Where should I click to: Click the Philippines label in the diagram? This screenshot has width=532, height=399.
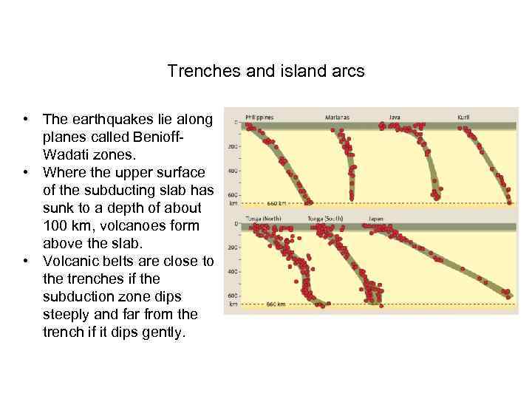pyautogui.click(x=259, y=117)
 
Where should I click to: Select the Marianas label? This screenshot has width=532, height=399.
pyautogui.click(x=337, y=117)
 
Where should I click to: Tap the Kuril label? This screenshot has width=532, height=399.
pyautogui.click(x=463, y=117)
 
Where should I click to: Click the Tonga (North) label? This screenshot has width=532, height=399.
pyautogui.click(x=264, y=219)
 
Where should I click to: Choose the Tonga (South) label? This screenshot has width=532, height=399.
pyautogui.click(x=324, y=219)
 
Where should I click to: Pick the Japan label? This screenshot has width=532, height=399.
pyautogui.click(x=376, y=219)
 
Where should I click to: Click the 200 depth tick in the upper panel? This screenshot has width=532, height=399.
pyautogui.click(x=233, y=147)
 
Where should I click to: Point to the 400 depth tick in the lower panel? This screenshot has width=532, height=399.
pyautogui.click(x=233, y=272)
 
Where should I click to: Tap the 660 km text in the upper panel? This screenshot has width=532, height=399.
pyautogui.click(x=276, y=202)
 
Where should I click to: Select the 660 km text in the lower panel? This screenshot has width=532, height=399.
pyautogui.click(x=276, y=304)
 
